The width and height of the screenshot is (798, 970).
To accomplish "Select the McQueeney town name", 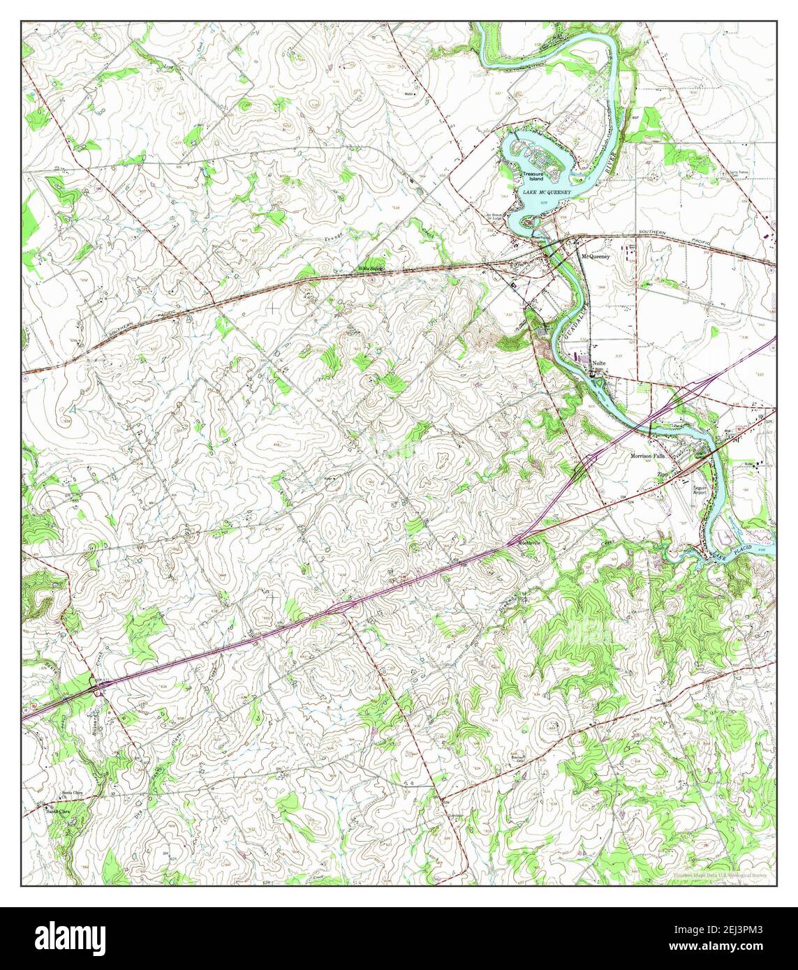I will (x=596, y=256).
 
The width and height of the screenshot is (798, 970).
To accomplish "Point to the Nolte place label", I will (x=598, y=364).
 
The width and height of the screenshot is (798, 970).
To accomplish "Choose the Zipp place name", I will (x=663, y=474).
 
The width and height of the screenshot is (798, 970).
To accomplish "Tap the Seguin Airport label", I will (x=700, y=489).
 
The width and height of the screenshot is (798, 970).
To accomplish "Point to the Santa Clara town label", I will (x=58, y=810).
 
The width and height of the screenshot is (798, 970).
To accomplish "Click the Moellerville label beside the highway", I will (x=529, y=543).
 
